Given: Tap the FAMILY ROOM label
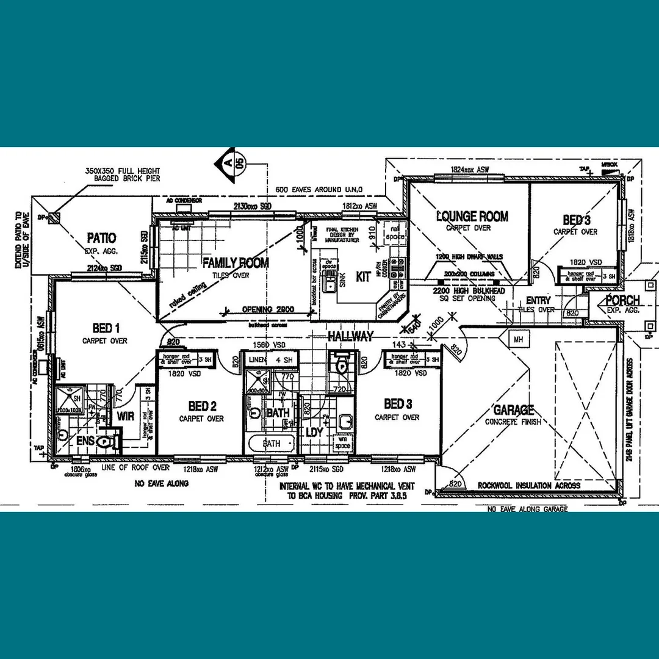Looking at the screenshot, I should tap(236, 264).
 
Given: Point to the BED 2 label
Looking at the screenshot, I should tap(202, 406).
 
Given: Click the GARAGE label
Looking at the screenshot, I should tap(513, 410).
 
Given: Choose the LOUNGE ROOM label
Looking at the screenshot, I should tap(472, 216).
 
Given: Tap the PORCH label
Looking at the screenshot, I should tap(622, 300).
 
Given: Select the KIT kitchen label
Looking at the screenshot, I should tap(363, 276).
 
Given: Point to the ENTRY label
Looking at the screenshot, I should tap(538, 300).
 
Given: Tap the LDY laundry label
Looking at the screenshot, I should tap(313, 431).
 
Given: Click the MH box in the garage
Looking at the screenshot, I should tap(518, 339).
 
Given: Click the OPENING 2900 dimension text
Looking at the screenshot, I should tap(267, 309).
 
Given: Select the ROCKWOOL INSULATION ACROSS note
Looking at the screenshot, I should tap(529, 486).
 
